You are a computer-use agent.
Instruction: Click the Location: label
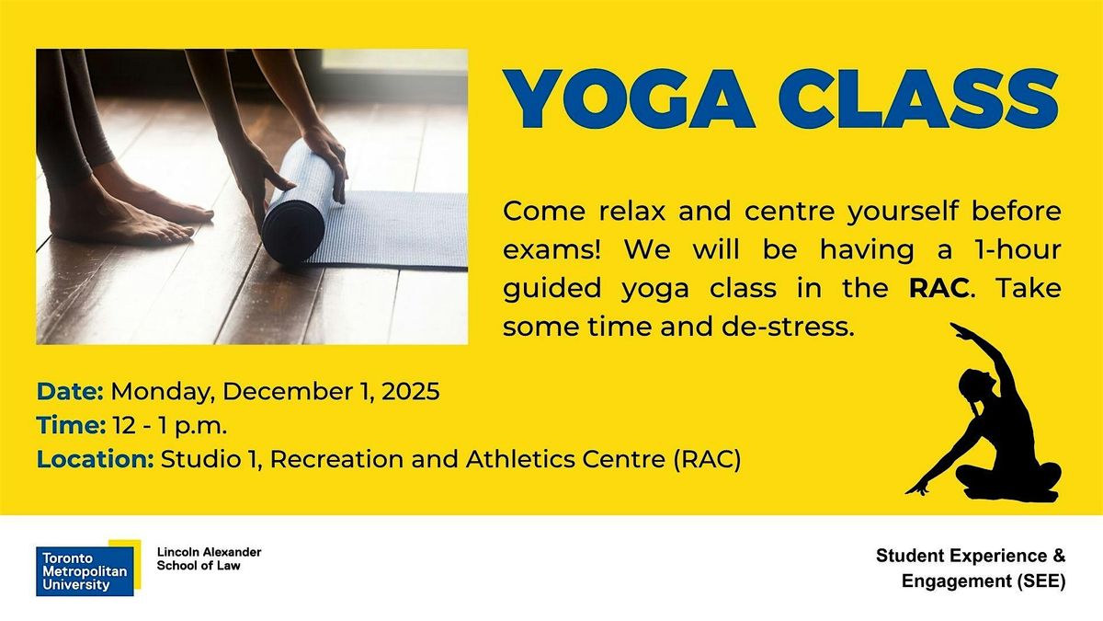96,459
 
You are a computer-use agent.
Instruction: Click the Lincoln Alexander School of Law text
210,558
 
